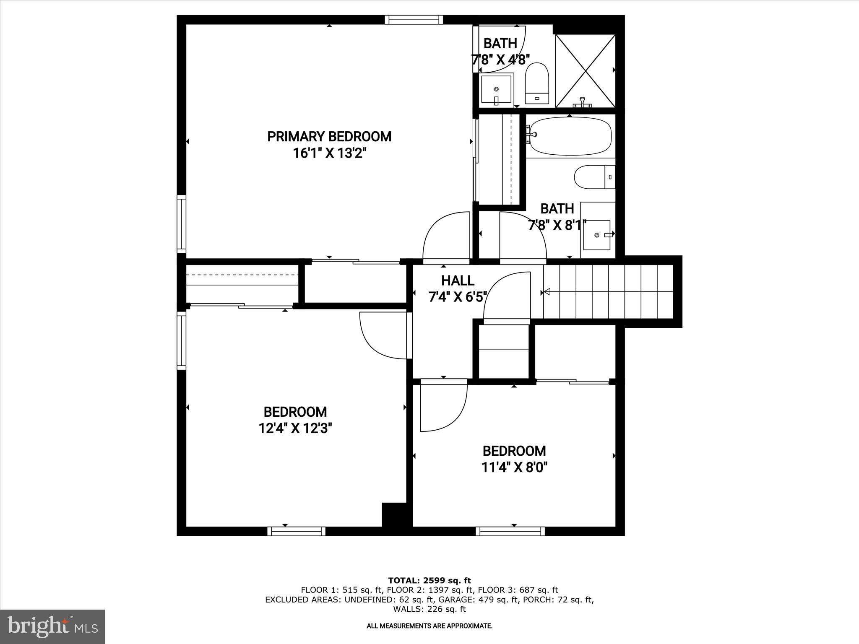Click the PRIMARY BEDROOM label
[329, 137]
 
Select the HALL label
[458, 280]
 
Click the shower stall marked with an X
[586, 70]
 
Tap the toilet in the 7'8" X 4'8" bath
[537, 83]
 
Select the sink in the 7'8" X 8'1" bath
[597, 235]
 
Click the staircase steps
[608, 292]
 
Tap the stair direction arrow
[547, 292]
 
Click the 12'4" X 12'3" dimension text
[295, 428]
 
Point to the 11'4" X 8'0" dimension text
[514, 467]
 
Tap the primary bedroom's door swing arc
[446, 237]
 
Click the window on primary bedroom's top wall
[414, 20]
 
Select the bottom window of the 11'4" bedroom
[510, 532]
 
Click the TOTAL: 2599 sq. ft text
[429, 581]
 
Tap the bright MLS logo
[52, 627]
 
